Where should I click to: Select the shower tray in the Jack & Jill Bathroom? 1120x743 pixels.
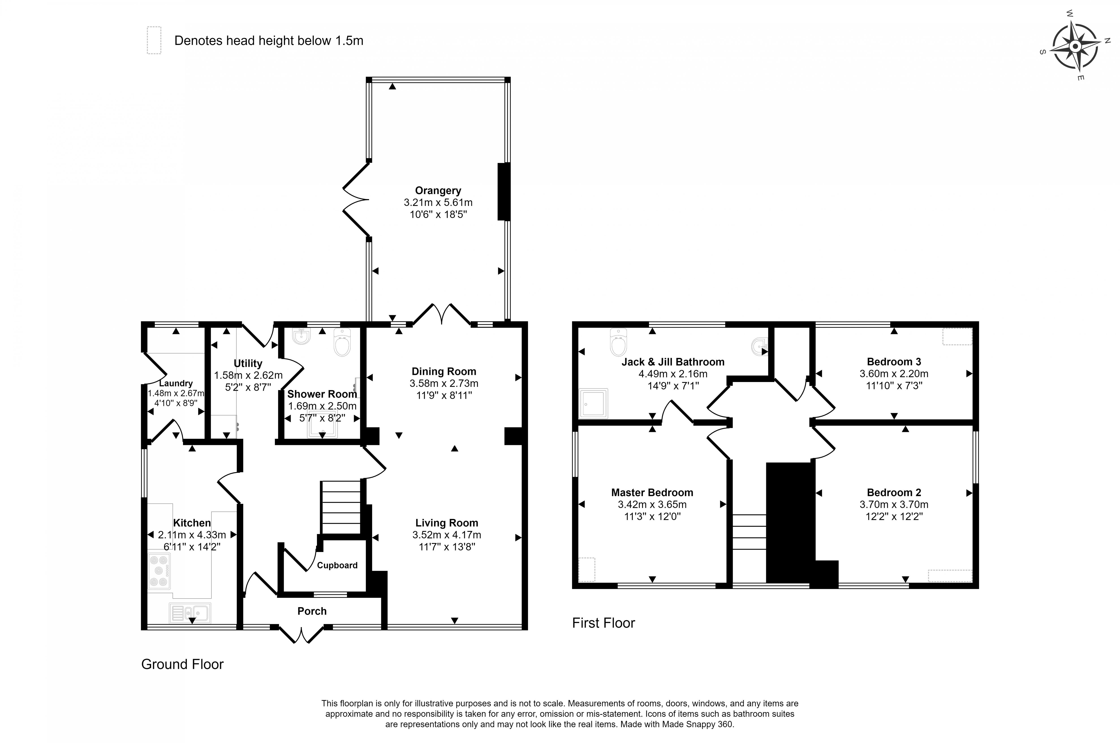pyautogui.click(x=593, y=403)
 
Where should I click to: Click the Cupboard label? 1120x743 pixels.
pyautogui.click(x=337, y=565)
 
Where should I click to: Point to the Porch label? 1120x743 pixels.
pyautogui.click(x=312, y=611)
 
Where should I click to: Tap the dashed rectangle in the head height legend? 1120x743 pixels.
pyautogui.click(x=154, y=40)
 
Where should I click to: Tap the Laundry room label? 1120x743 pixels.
pyautogui.click(x=176, y=383)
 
